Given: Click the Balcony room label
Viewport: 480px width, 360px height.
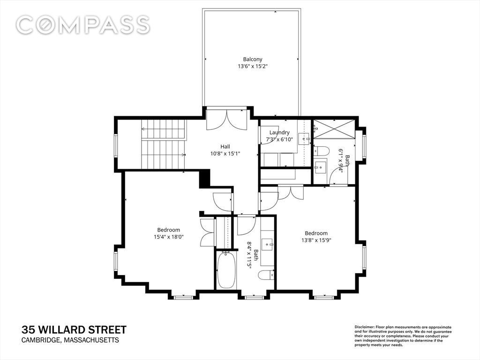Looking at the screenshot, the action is click(x=253, y=59).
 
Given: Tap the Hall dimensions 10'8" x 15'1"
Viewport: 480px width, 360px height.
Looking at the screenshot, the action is click(x=225, y=154).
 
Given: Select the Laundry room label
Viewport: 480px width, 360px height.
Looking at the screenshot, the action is click(x=279, y=133).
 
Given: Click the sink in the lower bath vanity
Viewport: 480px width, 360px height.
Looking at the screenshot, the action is click(x=270, y=245).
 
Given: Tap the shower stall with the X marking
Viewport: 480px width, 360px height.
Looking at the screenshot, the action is click(x=334, y=129).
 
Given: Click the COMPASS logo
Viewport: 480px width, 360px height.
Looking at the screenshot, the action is click(x=82, y=25).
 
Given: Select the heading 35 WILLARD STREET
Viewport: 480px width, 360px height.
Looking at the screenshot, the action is click(x=74, y=330).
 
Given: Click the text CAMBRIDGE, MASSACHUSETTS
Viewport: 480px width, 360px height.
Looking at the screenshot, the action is click(x=70, y=340).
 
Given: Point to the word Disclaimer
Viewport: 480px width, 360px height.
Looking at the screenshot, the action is click(x=364, y=327).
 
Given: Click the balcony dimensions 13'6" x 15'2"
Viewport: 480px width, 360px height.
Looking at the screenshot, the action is click(x=253, y=66).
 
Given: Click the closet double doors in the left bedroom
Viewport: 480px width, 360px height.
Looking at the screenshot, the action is click(x=207, y=232).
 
